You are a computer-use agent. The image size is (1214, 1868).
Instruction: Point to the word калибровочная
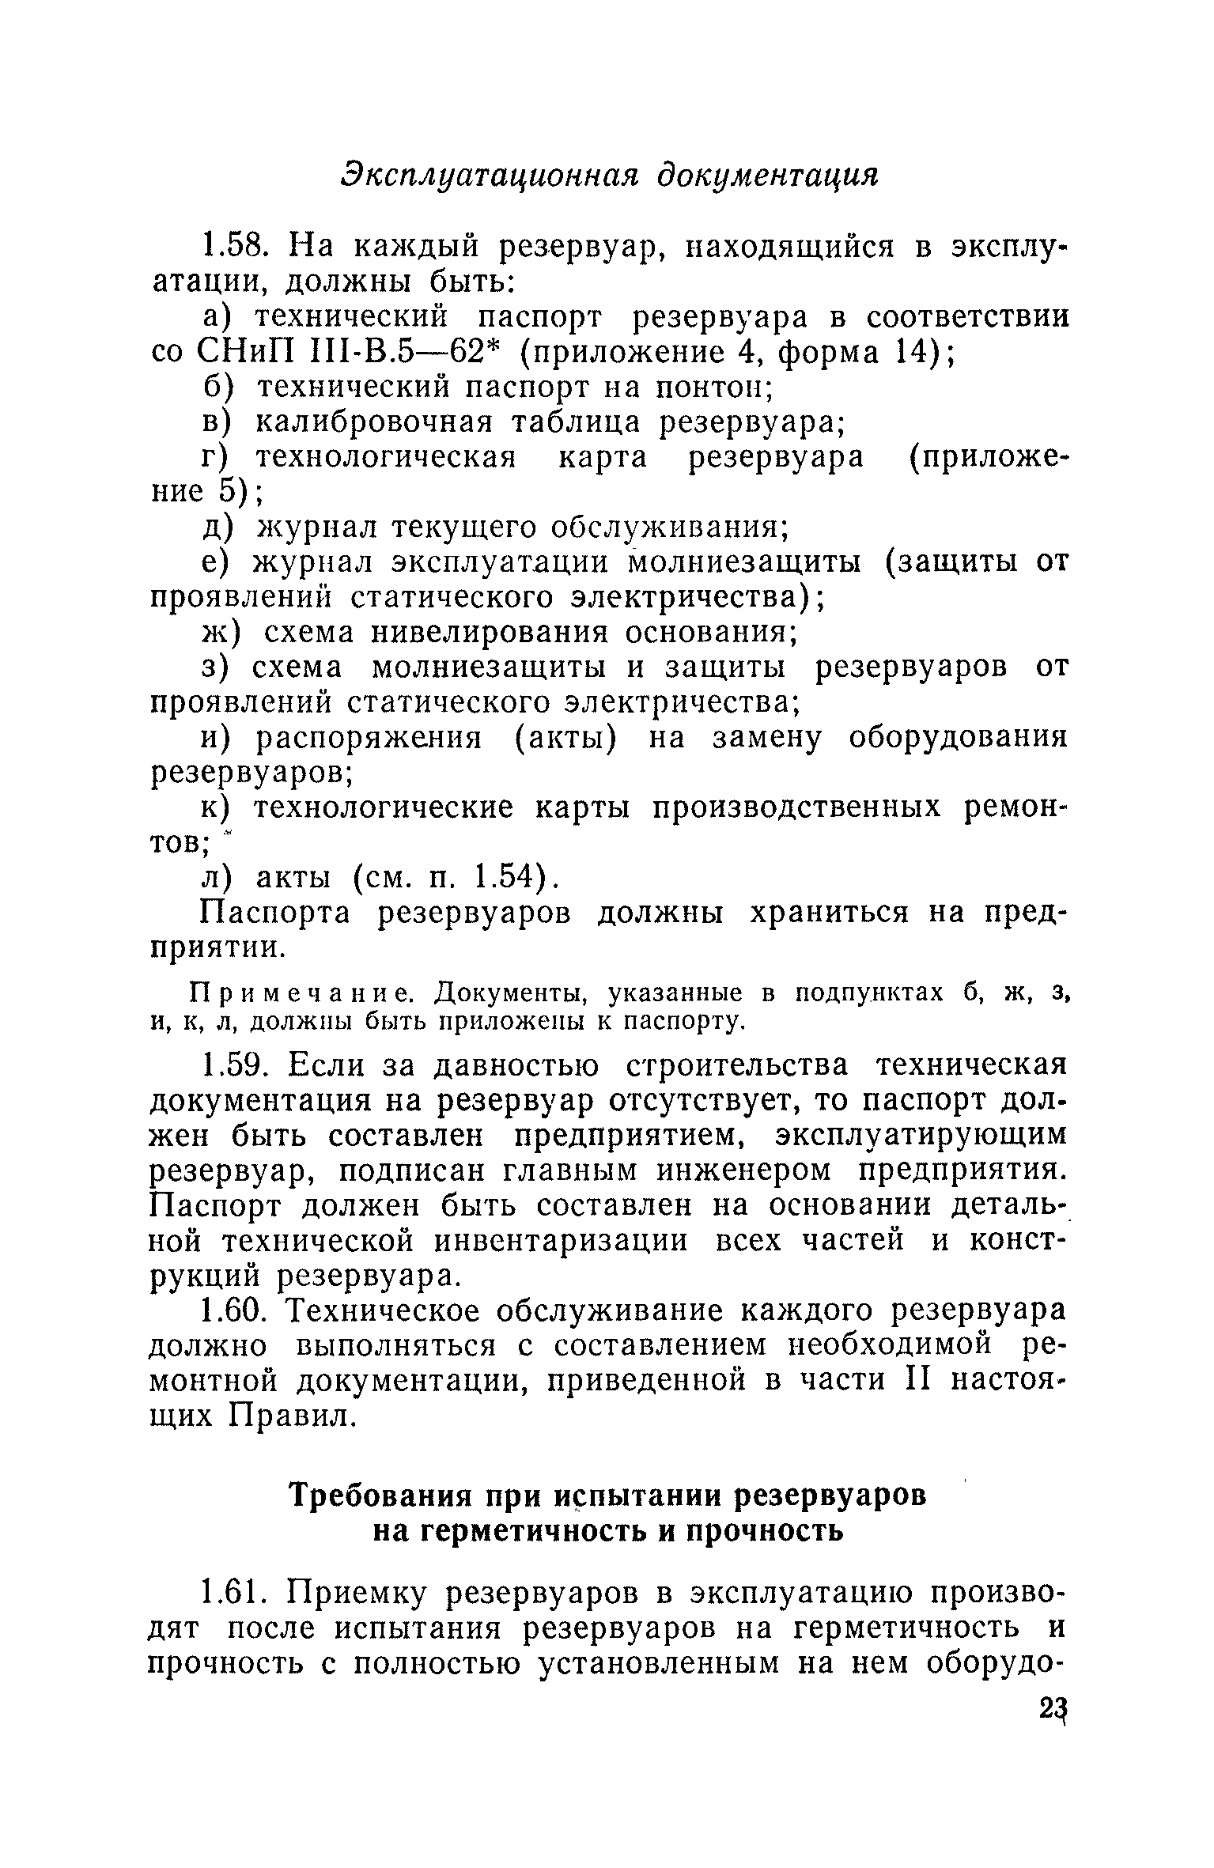coord(373,422)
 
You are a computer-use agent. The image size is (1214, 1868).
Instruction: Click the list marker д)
coord(215,527)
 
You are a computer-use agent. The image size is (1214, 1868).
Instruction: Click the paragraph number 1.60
coord(236,1310)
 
